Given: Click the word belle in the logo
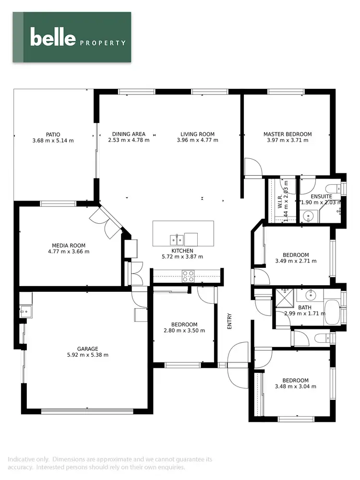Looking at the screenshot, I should (53, 37).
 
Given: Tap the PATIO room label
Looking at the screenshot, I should (53, 134).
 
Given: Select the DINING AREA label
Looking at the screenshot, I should (129, 134).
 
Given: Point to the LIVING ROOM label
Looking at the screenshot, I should (197, 134).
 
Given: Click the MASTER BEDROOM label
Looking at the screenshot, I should (288, 134).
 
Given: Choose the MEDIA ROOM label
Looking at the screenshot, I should (69, 245).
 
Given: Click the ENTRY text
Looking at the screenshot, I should (229, 321).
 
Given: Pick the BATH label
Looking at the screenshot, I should (305, 308).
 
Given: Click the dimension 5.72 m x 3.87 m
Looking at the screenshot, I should (182, 257).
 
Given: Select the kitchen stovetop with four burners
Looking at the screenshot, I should (188, 276).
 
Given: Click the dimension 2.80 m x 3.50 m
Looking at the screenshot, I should (184, 331).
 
